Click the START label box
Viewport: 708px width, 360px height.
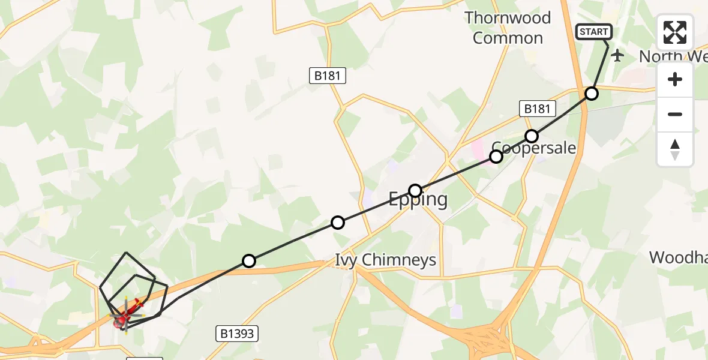click(593, 32)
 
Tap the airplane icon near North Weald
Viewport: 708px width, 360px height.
click(617, 55)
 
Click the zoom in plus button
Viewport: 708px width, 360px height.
click(675, 80)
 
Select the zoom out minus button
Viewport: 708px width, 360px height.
click(675, 114)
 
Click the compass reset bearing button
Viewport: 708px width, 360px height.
click(675, 149)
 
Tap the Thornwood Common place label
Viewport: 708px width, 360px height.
click(508, 28)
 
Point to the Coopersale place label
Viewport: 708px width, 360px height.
click(534, 148)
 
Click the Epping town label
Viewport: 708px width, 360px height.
click(418, 199)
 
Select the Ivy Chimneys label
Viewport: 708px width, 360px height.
click(385, 260)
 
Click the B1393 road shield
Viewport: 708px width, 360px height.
click(237, 334)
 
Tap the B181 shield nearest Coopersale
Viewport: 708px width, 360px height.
click(537, 109)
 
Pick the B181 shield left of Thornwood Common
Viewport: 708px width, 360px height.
click(327, 76)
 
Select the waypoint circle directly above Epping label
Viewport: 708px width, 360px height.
click(415, 191)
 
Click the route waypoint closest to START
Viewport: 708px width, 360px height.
click(592, 94)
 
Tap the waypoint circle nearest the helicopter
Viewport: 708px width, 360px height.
click(249, 261)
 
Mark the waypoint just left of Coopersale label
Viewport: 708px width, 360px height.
click(496, 157)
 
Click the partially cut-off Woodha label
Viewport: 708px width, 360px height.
click(678, 258)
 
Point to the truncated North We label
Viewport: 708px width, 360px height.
click(672, 57)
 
